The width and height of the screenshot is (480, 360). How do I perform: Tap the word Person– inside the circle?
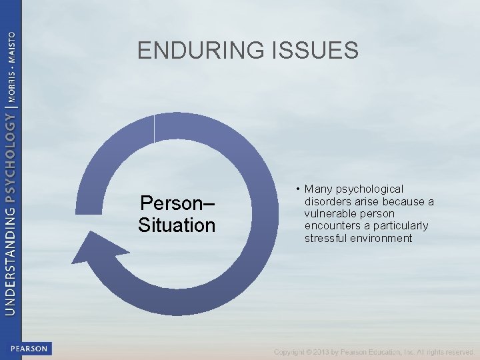click(177, 203)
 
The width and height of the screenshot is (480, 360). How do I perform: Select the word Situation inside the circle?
click(177, 225)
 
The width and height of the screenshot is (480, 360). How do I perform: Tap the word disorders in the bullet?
click(327, 201)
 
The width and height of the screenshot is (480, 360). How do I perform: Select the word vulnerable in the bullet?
click(330, 213)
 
